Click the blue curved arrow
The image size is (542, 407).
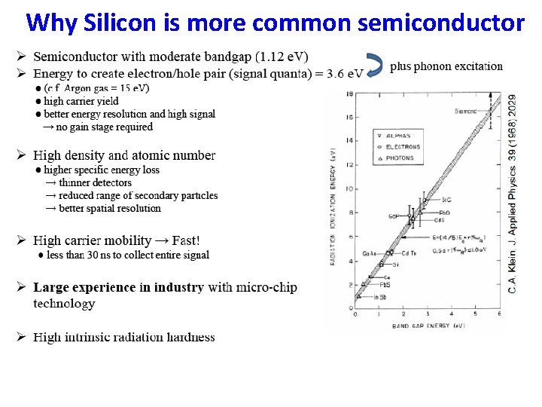(x=374, y=66)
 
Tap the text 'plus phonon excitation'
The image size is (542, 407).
(x=446, y=66)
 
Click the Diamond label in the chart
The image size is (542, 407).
(x=465, y=111)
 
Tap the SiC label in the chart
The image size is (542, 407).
(x=446, y=200)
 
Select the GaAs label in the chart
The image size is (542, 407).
(x=369, y=252)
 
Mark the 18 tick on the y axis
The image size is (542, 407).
(x=350, y=93)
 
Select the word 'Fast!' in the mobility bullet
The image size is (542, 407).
(x=186, y=240)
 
